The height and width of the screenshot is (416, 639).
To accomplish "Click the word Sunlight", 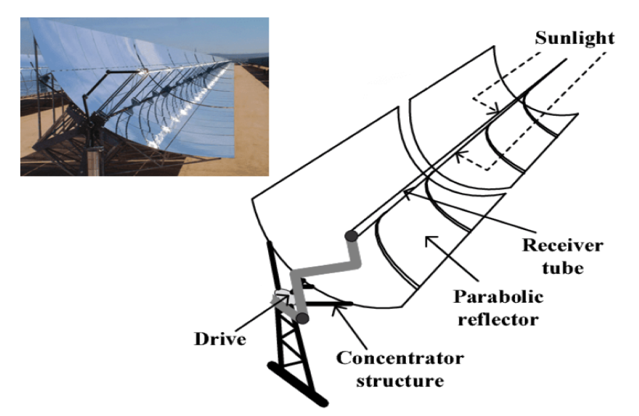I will point(574,39).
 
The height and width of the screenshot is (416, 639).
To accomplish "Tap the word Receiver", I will point(563,245).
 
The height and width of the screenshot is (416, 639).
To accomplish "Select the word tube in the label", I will point(563,268).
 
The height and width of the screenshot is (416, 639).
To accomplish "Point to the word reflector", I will point(497,319).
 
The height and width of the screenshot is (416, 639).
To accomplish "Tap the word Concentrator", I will point(400,358).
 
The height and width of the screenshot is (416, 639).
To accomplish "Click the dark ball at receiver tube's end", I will point(351,236).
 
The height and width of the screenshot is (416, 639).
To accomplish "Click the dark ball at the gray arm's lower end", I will point(303,318).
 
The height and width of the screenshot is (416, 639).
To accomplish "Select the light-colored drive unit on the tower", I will point(281,294).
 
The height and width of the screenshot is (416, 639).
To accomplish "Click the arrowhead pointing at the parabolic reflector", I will point(428,239).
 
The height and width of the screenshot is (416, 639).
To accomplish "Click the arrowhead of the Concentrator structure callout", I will point(338,305).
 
